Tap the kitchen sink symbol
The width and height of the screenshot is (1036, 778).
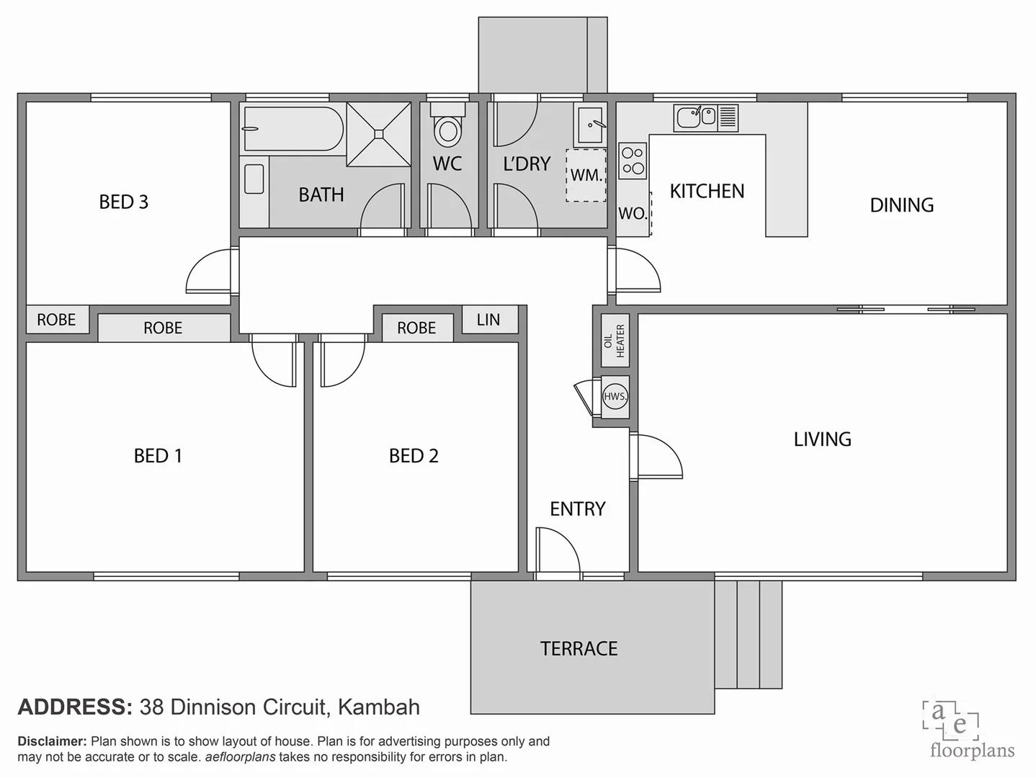(x=696, y=117)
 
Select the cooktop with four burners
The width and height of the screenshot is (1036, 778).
(x=633, y=161)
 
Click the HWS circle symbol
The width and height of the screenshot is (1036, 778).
(x=615, y=396)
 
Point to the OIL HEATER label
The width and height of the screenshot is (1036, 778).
(x=615, y=341)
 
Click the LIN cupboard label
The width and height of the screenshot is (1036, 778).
(x=488, y=320)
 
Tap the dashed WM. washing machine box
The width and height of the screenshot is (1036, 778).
(x=586, y=175)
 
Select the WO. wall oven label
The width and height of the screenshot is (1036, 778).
(x=633, y=213)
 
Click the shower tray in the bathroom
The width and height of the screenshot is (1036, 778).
(x=378, y=134)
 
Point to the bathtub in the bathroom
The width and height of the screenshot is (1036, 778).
(x=293, y=129)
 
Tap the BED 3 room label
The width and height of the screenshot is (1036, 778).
(x=124, y=202)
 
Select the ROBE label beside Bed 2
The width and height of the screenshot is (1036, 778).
(x=416, y=328)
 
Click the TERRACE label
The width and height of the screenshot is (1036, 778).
(x=579, y=649)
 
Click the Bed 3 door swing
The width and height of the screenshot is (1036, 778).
(x=210, y=272)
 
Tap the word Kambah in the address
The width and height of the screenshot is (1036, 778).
(x=378, y=707)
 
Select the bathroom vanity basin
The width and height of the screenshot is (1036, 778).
(x=254, y=179)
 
